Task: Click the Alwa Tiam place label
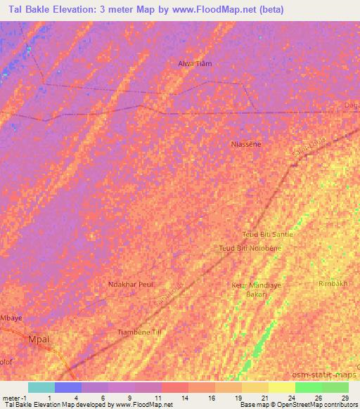195,63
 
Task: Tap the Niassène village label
246,143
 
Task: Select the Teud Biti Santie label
267,234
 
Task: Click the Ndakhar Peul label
131,284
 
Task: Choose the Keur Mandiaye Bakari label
251,289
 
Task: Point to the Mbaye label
12,318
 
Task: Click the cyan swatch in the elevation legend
41,387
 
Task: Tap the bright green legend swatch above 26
308,387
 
